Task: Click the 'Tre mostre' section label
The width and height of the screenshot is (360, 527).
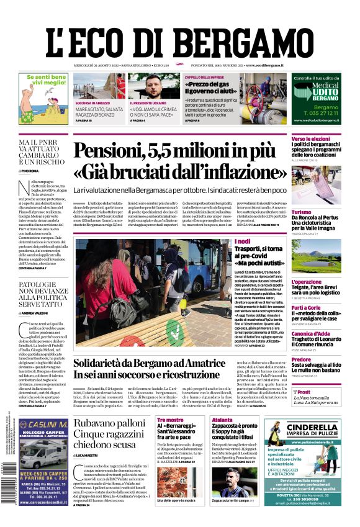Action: pos(170,420)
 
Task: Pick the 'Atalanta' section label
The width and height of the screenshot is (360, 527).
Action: pos(222,420)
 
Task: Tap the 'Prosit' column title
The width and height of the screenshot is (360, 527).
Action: pos(302,392)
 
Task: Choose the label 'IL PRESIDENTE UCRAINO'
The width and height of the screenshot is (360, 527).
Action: pos(150,102)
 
